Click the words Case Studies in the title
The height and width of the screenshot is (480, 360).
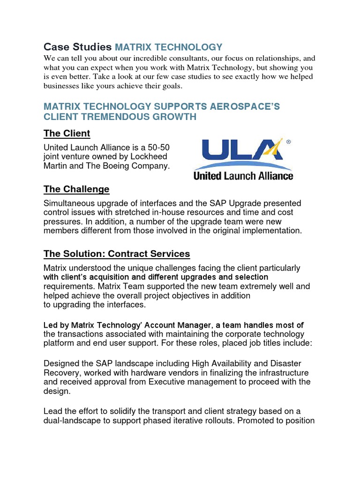click(x=77, y=47)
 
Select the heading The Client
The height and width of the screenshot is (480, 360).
click(x=67, y=133)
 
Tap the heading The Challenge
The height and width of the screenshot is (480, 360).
click(x=76, y=189)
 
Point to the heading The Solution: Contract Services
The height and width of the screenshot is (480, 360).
click(x=117, y=254)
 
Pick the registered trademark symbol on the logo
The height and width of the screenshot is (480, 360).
click(x=288, y=142)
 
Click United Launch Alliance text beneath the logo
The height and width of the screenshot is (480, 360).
click(x=243, y=176)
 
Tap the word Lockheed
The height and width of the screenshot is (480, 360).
click(x=150, y=156)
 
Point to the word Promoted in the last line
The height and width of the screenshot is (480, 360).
click(x=257, y=420)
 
